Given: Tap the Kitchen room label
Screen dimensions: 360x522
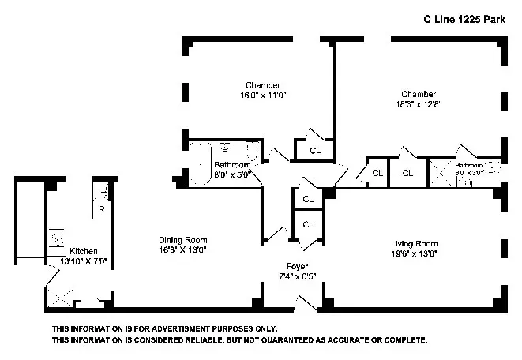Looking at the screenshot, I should (84, 252).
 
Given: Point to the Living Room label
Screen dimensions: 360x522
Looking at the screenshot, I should (414, 243).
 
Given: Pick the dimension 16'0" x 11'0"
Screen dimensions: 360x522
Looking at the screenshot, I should (263, 95).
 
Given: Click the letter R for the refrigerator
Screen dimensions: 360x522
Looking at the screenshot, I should (101, 210).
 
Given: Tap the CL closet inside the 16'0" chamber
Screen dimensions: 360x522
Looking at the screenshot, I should (314, 150).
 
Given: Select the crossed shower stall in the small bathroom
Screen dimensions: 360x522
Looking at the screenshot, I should (438, 172).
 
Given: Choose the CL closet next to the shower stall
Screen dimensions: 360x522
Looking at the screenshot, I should (407, 173).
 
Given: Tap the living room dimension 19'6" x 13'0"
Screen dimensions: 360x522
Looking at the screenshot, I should (414, 253).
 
